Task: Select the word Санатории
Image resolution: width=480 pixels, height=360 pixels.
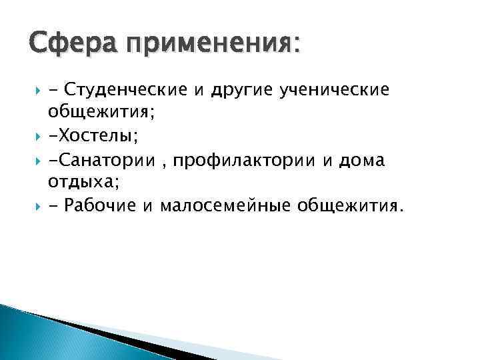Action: [100, 159]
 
